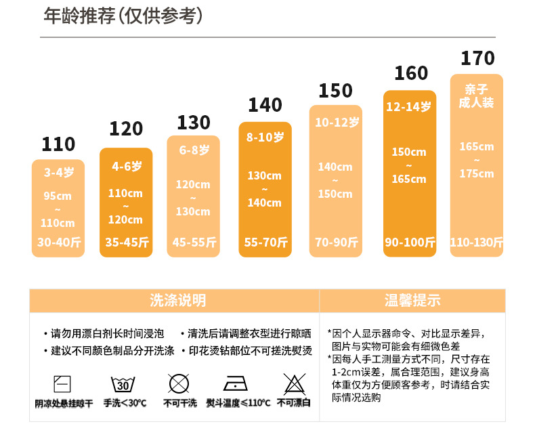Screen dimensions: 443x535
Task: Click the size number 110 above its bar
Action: pos(58,144)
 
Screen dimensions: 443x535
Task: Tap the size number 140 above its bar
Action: pos(265,105)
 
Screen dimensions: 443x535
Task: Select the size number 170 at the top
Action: pos(477,58)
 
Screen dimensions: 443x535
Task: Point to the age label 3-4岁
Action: pos(58,173)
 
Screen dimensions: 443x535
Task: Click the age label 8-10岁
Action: pos(265,137)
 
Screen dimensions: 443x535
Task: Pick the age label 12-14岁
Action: pos(409,107)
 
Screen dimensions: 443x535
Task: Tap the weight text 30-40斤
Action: pos(58,242)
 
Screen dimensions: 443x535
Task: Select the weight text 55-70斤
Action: pos(265,242)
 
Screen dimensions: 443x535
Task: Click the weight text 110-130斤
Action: pos(477,242)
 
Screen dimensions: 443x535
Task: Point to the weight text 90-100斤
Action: pos(410,242)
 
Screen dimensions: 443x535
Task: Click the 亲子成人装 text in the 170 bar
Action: pos(477,96)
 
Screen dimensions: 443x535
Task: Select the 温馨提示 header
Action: pos(412,300)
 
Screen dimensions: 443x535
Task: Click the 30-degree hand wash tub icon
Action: pos(123,385)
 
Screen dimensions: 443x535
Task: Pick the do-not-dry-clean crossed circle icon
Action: pos(179,384)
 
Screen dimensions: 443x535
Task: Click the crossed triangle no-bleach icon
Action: pos(293,384)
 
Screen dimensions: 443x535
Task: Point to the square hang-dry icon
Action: pos(62,384)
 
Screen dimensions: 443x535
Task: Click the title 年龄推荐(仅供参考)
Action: pos(123,16)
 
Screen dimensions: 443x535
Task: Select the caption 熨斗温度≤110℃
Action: pos(238,403)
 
